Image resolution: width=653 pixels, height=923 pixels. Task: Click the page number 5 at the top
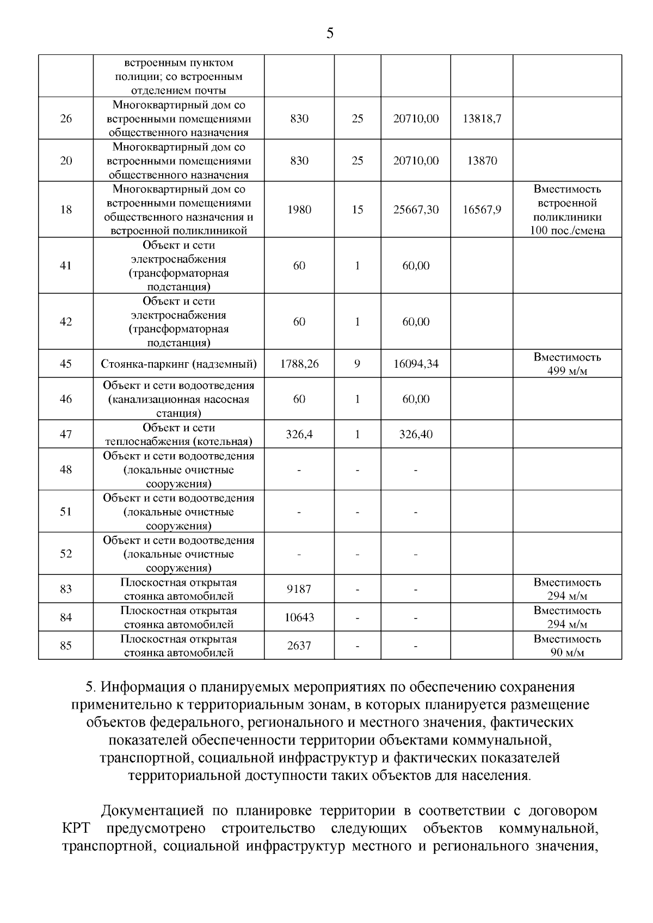pyautogui.click(x=330, y=34)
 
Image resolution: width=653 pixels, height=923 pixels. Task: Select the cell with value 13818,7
pyautogui.click(x=482, y=119)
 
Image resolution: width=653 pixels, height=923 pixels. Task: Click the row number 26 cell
pyautogui.click(x=66, y=119)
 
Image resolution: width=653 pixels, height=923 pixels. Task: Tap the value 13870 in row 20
pyautogui.click(x=482, y=161)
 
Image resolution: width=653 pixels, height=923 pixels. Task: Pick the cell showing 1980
pyautogui.click(x=299, y=210)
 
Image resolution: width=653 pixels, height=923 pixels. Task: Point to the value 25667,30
pyautogui.click(x=416, y=210)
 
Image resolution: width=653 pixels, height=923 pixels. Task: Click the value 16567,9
pyautogui.click(x=482, y=210)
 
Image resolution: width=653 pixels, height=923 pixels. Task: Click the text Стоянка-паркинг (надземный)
pyautogui.click(x=178, y=364)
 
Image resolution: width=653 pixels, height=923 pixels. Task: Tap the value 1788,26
pyautogui.click(x=299, y=364)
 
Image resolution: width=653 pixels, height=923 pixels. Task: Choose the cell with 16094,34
pyautogui.click(x=416, y=364)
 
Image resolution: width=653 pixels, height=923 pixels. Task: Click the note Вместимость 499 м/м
pyautogui.click(x=567, y=364)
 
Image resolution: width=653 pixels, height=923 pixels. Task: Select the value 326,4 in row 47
pyautogui.click(x=299, y=435)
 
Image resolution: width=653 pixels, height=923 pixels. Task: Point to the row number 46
pyautogui.click(x=66, y=399)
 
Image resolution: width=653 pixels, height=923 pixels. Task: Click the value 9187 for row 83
pyautogui.click(x=299, y=589)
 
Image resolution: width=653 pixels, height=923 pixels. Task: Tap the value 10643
pyautogui.click(x=299, y=617)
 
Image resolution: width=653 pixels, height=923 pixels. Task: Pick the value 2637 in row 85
pyautogui.click(x=299, y=646)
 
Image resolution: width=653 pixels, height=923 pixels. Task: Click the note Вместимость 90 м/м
pyautogui.click(x=567, y=646)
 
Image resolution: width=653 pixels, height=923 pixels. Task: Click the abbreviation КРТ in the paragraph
pyautogui.click(x=75, y=828)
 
